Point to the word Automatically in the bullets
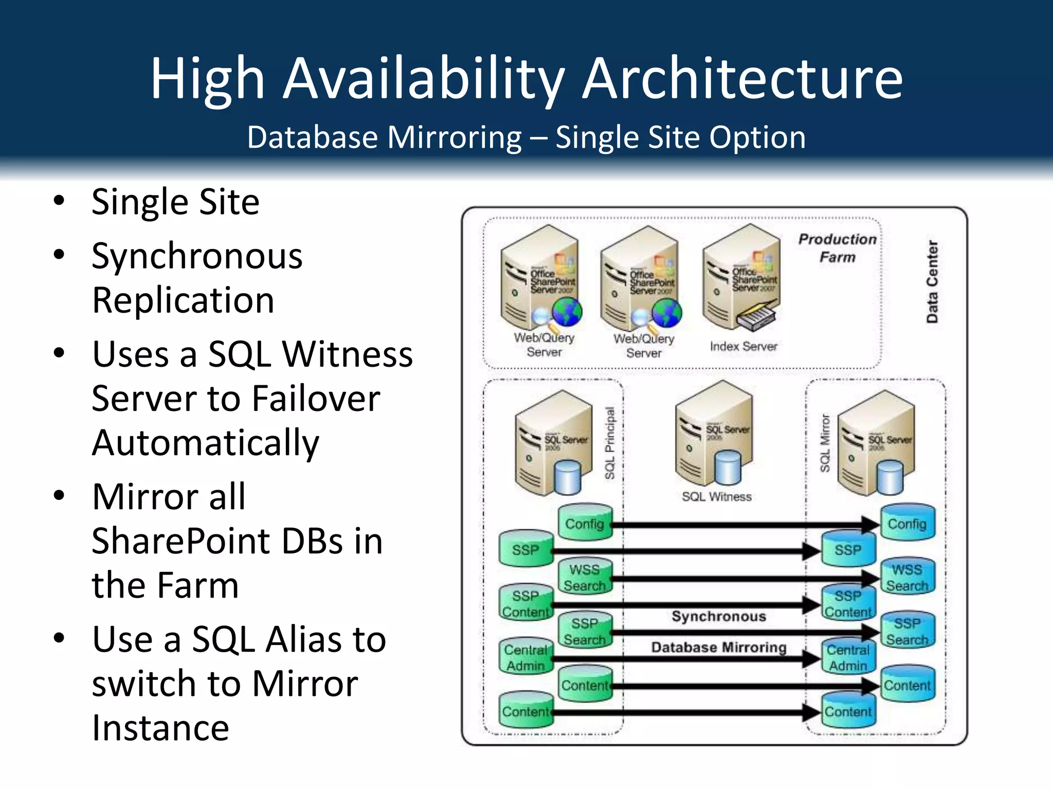pyautogui.click(x=206, y=443)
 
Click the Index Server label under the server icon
pyautogui.click(x=743, y=347)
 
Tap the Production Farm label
pyautogui.click(x=837, y=248)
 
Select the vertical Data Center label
pyautogui.click(x=932, y=282)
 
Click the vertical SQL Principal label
pyautogui.click(x=610, y=443)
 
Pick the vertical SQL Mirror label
pyautogui.click(x=825, y=443)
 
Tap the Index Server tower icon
pyautogui.click(x=742, y=278)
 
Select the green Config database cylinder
pyautogui.click(x=585, y=523)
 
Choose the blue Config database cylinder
pyautogui.click(x=907, y=523)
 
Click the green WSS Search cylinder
pyautogui.click(x=585, y=577)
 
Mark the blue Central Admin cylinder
pyautogui.click(x=848, y=657)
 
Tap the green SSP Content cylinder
pyautogui.click(x=525, y=603)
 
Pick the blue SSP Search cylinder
pyautogui.click(x=907, y=631)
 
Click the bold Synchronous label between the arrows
pyautogui.click(x=719, y=616)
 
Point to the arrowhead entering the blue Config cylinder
pyautogui.click(x=871, y=525)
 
